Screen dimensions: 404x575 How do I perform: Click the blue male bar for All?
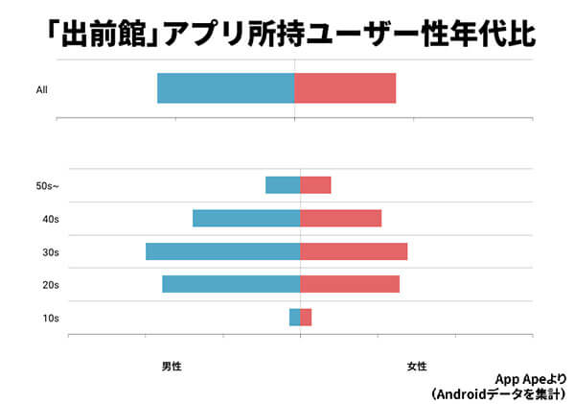tap(225, 88)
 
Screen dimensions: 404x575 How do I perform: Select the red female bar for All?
tap(345, 88)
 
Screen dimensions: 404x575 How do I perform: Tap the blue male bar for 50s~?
tap(283, 185)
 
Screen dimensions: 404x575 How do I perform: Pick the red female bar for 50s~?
tap(315, 185)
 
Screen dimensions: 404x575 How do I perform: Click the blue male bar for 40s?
tap(246, 218)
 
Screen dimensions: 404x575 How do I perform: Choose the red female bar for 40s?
tap(340, 218)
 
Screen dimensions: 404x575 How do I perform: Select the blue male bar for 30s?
tap(222, 251)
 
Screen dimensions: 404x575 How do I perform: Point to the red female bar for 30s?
tap(354, 251)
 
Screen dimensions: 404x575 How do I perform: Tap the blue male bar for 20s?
tap(231, 284)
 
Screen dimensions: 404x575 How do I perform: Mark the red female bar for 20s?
tap(350, 284)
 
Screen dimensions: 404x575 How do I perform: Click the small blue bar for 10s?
tap(294, 317)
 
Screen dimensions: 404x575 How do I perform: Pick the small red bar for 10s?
tap(306, 317)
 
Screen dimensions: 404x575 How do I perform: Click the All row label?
tap(41, 90)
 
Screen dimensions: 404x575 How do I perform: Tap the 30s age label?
tap(51, 252)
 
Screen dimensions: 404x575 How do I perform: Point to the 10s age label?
tap(51, 318)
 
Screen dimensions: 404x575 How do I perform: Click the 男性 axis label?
tap(172, 367)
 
